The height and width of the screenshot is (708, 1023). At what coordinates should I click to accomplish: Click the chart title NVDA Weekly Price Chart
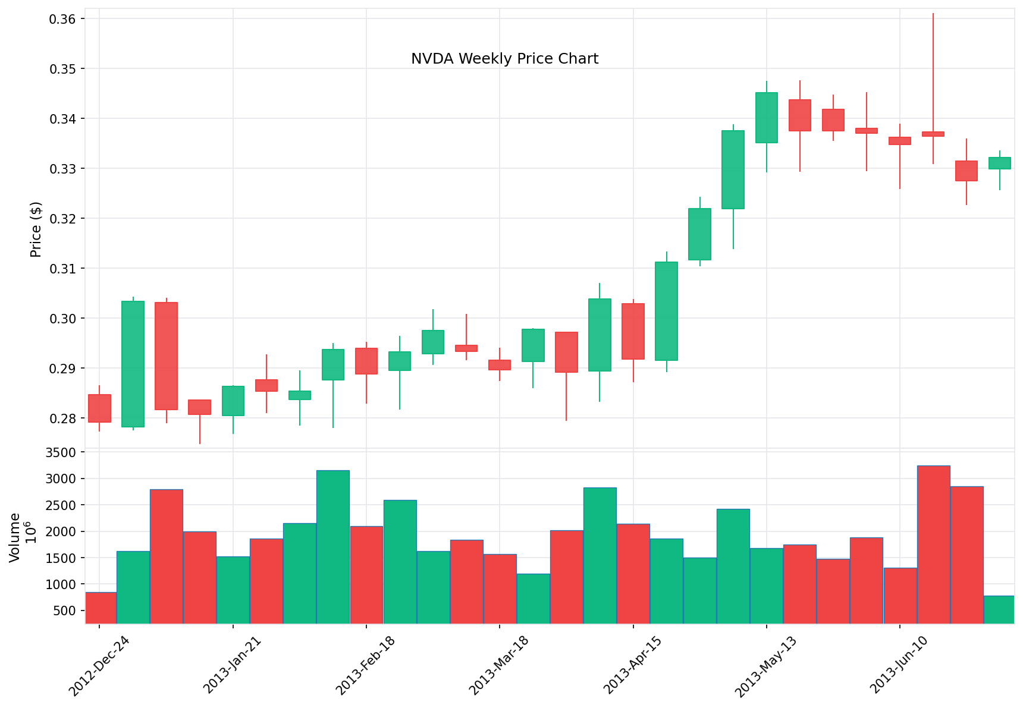504,59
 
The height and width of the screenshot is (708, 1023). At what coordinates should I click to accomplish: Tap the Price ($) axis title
36,229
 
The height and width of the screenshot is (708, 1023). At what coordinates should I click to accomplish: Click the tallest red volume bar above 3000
933,544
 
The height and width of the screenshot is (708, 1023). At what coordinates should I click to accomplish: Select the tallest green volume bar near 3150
333,547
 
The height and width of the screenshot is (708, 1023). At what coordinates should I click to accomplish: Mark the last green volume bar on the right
999,609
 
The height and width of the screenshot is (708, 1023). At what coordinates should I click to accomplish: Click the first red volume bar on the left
101,608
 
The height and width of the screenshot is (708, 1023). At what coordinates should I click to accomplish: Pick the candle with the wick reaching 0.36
933,134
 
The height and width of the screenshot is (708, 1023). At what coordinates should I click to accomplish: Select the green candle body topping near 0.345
766,118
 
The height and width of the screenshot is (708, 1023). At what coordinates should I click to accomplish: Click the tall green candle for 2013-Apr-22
666,311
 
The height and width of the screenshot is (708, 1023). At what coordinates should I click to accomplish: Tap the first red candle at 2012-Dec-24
99,408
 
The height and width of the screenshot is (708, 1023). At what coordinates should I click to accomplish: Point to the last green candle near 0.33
999,163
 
